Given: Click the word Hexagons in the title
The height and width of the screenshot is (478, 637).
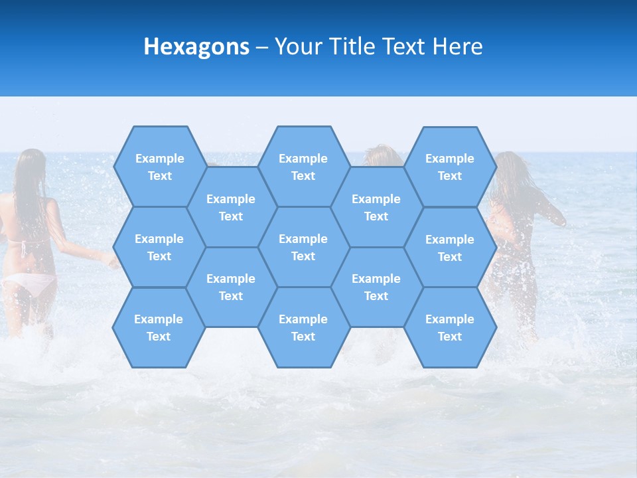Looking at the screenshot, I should point(196,46).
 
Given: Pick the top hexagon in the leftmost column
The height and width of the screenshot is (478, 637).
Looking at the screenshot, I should point(159,167).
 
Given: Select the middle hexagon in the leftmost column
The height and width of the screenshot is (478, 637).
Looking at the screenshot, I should point(159,247).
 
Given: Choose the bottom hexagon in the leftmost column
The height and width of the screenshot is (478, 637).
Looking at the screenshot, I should point(159,327).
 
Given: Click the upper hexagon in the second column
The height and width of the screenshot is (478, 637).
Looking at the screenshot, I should point(231,207).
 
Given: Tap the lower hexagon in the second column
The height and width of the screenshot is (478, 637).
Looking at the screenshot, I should point(231,287).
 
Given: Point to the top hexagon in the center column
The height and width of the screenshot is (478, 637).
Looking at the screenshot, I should point(303,167).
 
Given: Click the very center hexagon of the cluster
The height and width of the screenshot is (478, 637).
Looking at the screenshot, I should point(303,247).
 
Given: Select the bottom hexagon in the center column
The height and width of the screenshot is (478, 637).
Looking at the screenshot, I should point(303,327).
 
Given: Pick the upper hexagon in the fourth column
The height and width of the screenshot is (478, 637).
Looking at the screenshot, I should point(376,207).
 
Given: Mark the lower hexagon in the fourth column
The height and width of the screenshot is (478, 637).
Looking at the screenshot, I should point(376,287).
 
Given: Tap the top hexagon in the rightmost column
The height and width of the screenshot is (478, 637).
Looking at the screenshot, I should point(450,167).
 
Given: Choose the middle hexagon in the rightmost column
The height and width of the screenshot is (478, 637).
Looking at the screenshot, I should point(450,248).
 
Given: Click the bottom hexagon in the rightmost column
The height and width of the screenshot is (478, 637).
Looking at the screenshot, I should point(450,327).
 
